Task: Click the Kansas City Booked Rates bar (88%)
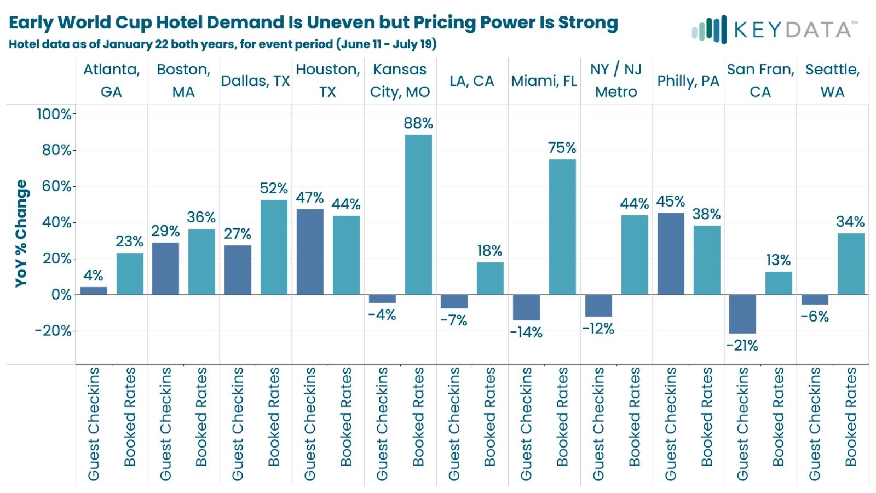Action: [x=418, y=214]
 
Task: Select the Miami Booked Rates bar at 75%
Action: [x=562, y=227]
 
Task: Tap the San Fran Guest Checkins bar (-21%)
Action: [x=742, y=314]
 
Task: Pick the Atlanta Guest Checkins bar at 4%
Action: [x=94, y=290]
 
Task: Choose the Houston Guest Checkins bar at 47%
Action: [x=310, y=252]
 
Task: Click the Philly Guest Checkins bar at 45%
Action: [x=671, y=254]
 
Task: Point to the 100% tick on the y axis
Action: [x=54, y=114]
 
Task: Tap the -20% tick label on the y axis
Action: [x=53, y=331]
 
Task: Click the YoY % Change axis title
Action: [x=21, y=233]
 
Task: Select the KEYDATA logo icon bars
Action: [x=710, y=30]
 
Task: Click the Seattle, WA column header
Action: [x=832, y=81]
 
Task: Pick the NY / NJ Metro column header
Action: [x=616, y=81]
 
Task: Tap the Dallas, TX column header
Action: [x=255, y=81]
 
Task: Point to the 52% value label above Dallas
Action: [x=274, y=188]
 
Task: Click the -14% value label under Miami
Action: [x=526, y=333]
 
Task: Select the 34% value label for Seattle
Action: [x=850, y=222]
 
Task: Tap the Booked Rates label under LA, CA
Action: [x=490, y=416]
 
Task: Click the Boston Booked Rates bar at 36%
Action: [x=201, y=261]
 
